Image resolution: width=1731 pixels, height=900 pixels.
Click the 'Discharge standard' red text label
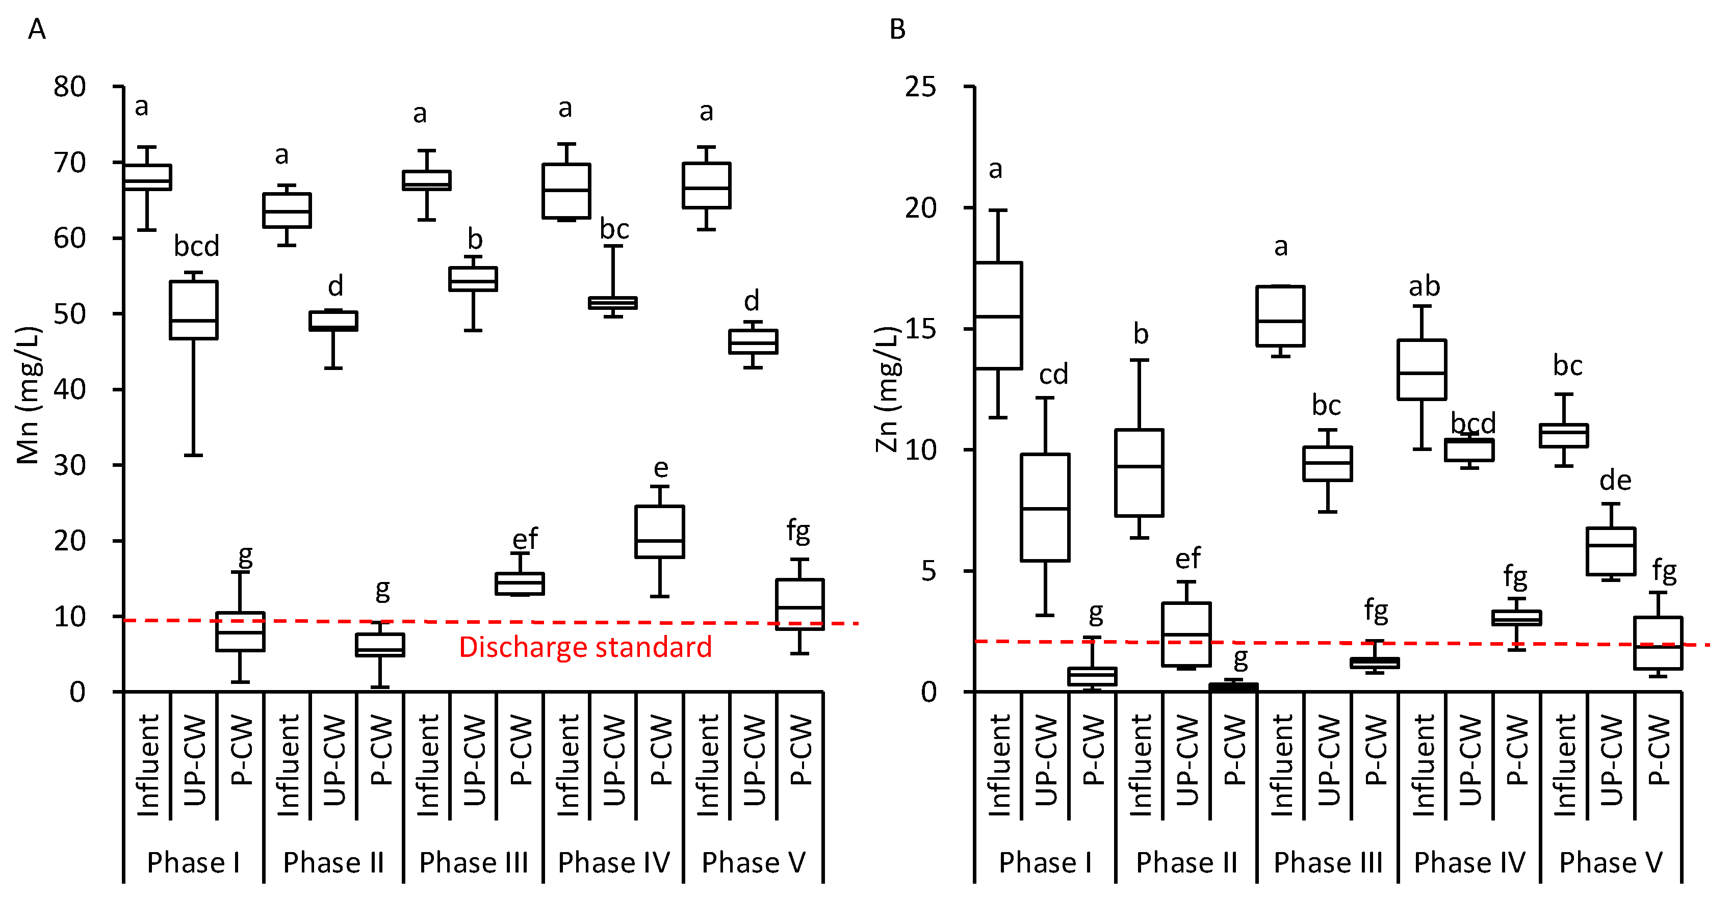[x=585, y=647]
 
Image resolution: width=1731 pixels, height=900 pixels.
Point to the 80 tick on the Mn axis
[x=70, y=87]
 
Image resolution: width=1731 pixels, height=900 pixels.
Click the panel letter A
[x=37, y=29]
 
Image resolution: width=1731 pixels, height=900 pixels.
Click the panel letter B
[x=898, y=29]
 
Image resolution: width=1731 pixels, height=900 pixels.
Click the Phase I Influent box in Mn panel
[x=148, y=177]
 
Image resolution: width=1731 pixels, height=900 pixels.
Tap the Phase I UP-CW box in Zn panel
[x=1046, y=507]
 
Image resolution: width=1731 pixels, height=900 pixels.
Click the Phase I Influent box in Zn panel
[x=998, y=315]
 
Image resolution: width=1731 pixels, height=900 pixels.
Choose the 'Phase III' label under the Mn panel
[x=474, y=862]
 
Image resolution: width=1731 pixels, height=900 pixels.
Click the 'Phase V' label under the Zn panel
[x=1611, y=862]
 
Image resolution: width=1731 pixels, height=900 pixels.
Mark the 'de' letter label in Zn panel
[x=1615, y=480]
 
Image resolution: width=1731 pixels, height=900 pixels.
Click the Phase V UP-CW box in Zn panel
[x=1611, y=551]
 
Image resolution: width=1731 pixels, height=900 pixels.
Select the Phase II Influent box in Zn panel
[x=1140, y=473]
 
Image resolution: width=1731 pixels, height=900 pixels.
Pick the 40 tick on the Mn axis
[x=70, y=389]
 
